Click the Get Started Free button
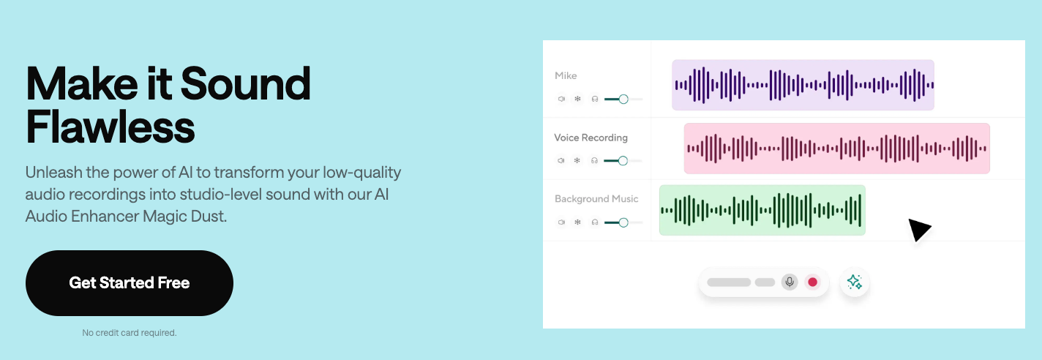pyautogui.click(x=130, y=283)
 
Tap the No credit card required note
pyautogui.click(x=130, y=333)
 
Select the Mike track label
pyautogui.click(x=566, y=76)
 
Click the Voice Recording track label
pyautogui.click(x=591, y=138)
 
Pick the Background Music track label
pyautogui.click(x=596, y=199)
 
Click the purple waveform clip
pyautogui.click(x=803, y=85)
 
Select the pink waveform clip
pyautogui.click(x=836, y=149)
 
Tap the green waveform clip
pyautogui.click(x=762, y=210)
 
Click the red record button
pyautogui.click(x=812, y=282)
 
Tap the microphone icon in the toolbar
pyautogui.click(x=789, y=282)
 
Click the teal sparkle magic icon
pyautogui.click(x=854, y=282)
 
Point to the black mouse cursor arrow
pyautogui.click(x=918, y=230)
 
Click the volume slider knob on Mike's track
pyautogui.click(x=623, y=99)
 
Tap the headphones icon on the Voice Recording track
pyautogui.click(x=594, y=161)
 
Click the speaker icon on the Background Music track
pyautogui.click(x=561, y=222)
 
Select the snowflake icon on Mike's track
pyautogui.click(x=577, y=99)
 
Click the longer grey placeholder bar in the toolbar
pyautogui.click(x=729, y=282)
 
